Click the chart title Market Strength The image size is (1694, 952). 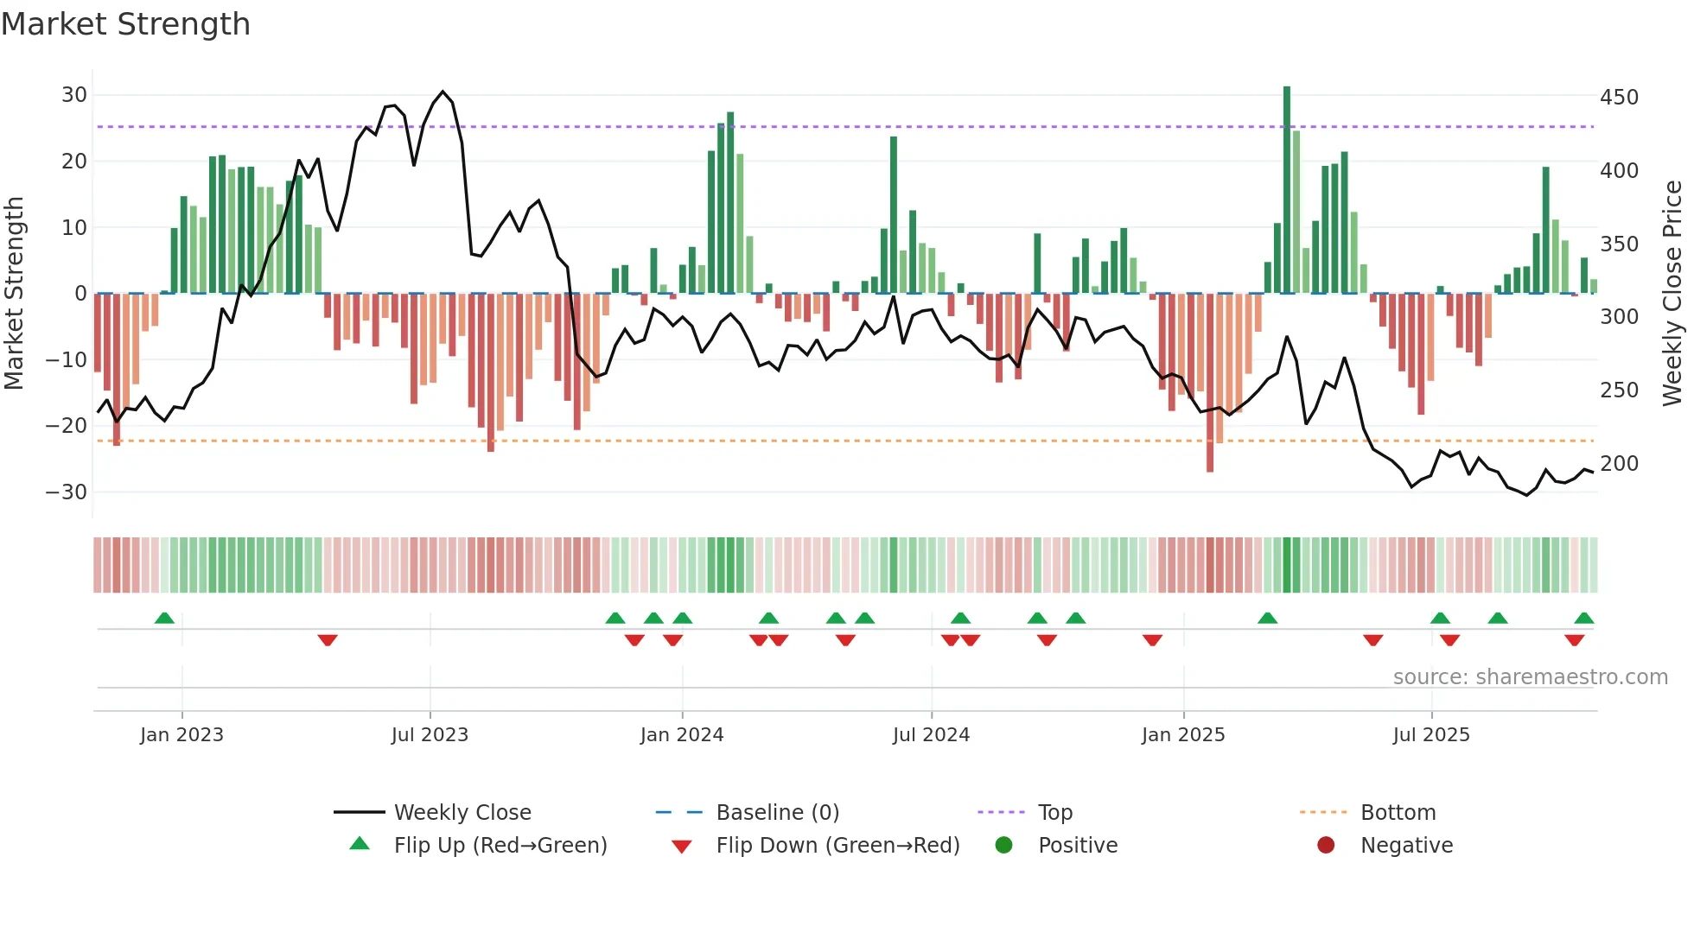(125, 24)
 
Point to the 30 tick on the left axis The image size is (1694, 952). (74, 95)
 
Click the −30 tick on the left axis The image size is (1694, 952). (67, 492)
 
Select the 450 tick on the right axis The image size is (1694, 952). (1619, 98)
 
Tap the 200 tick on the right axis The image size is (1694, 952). (1619, 464)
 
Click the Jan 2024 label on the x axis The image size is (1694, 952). (682, 735)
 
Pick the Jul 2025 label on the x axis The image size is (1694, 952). (1431, 735)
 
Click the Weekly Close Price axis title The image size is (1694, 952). (1672, 294)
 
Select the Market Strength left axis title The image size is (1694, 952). (14, 294)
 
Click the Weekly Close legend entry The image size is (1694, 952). (462, 813)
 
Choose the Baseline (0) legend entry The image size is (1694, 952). (777, 813)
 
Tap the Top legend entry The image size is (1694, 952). (1054, 813)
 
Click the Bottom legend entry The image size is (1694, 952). (1398, 813)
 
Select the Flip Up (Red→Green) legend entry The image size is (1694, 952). (500, 846)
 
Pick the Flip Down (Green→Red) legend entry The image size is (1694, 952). (837, 846)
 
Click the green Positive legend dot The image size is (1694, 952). (1003, 846)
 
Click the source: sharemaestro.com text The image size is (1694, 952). (1530, 677)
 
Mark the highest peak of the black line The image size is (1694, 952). (443, 92)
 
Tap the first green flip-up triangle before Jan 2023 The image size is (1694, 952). (164, 618)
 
